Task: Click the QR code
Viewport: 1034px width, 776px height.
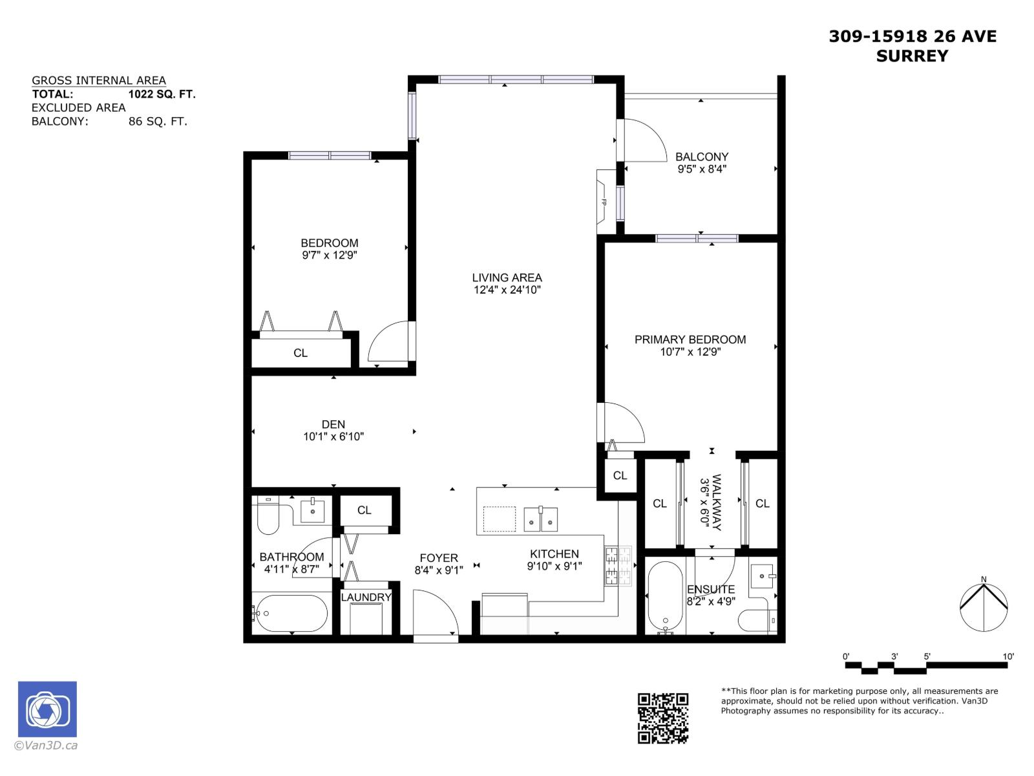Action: point(663,718)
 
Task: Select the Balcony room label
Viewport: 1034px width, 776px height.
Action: point(701,156)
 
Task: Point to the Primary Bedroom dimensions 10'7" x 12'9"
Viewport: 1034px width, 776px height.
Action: point(690,352)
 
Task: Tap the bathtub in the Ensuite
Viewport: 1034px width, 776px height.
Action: point(664,596)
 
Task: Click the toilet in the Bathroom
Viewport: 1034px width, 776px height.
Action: point(268,516)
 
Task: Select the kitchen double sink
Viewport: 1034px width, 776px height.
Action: point(540,519)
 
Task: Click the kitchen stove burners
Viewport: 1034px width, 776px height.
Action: point(617,566)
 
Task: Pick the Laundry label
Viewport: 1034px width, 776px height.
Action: point(366,597)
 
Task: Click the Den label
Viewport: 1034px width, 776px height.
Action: point(333,424)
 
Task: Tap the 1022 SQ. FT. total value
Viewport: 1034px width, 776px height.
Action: point(162,94)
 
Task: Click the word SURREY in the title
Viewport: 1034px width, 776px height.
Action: point(912,56)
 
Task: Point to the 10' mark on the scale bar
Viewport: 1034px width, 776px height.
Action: point(1008,657)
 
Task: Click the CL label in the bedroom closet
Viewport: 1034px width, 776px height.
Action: point(301,353)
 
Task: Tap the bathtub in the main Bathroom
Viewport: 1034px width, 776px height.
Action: point(291,613)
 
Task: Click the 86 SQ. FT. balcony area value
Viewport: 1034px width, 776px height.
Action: point(158,121)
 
